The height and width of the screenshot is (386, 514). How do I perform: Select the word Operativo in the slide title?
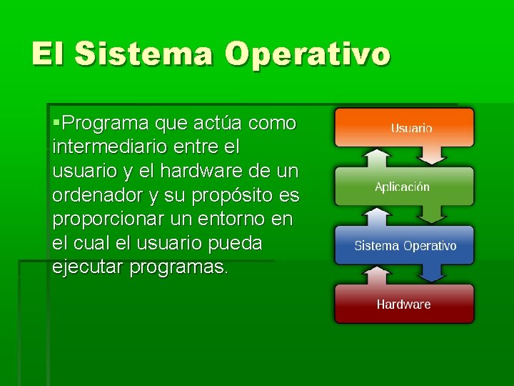coord(308,54)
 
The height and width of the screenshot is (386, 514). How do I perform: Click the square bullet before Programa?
coord(57,124)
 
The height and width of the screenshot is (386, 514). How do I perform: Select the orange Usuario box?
coord(404,127)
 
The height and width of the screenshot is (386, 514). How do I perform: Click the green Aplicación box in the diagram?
coord(404,187)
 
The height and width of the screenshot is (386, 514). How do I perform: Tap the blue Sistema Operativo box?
coord(404,245)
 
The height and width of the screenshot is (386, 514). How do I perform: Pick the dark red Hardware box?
coord(404,304)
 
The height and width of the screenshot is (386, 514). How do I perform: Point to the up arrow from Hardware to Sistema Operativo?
coord(373,274)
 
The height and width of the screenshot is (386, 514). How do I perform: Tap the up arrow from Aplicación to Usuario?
coord(373,157)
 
